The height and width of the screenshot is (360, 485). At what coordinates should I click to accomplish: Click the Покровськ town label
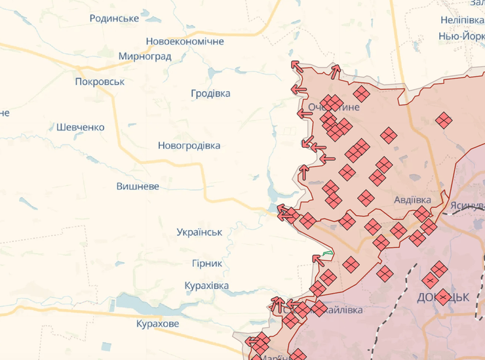(100, 82)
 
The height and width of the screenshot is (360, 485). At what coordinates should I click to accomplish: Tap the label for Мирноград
(145, 56)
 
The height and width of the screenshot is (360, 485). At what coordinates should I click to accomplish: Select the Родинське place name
(114, 18)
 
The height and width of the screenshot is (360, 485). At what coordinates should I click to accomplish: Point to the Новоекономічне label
(185, 41)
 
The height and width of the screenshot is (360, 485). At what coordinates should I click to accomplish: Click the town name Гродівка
(210, 94)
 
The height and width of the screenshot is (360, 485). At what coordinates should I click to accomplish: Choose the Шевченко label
(80, 127)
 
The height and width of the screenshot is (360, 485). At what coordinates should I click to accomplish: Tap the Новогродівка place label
(189, 146)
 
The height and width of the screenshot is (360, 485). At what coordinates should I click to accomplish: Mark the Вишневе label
(138, 186)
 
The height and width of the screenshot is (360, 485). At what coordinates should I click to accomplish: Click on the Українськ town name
(199, 232)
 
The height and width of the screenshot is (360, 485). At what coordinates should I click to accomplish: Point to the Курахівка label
(206, 286)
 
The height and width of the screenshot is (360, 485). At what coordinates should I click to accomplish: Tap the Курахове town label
(157, 324)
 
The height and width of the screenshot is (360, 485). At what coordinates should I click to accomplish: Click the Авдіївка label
(412, 199)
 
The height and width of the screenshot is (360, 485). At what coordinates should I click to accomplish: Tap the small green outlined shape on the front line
(327, 254)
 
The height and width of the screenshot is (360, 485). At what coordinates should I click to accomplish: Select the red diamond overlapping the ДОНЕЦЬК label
(442, 296)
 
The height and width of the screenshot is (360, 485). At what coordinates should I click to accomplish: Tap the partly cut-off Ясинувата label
(467, 205)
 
